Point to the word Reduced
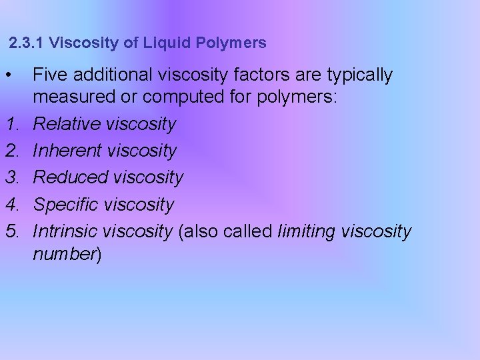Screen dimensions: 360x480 point(71,177)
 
